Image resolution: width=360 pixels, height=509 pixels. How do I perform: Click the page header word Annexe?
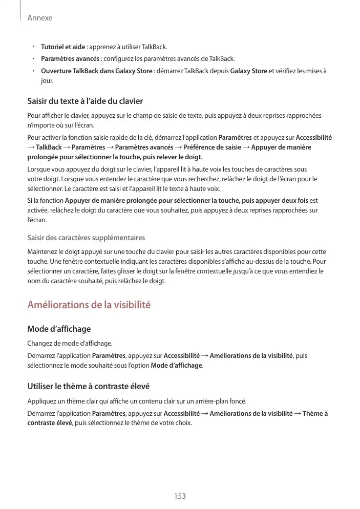39,18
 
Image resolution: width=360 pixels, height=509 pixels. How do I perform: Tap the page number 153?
180,496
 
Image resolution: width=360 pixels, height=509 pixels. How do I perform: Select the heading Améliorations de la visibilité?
89,305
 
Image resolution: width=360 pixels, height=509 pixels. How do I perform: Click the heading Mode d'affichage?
59,329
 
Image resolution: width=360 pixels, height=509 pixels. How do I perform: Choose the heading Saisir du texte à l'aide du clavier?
85,101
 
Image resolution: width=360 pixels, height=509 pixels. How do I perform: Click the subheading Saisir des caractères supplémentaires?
86,238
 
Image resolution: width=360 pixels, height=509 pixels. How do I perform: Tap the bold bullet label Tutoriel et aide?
63,47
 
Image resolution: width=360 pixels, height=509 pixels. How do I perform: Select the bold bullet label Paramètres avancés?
70,59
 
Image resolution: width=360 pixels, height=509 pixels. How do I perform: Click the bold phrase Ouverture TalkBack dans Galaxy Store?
96,71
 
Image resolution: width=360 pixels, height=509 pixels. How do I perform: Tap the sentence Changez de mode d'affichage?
70,343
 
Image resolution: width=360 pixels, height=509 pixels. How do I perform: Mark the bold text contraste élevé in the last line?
50,423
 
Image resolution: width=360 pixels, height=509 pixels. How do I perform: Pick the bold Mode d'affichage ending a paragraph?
177,366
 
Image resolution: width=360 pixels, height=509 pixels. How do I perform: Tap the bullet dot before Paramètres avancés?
32,59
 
